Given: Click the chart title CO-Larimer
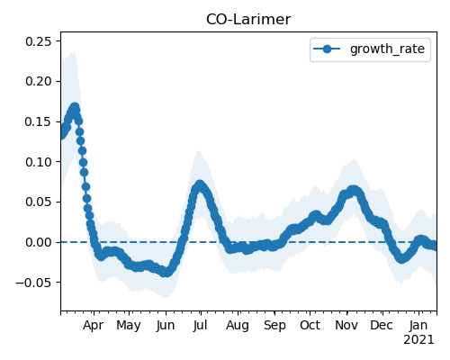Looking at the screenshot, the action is coord(248,20).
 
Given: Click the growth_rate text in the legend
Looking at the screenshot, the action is coord(387,49).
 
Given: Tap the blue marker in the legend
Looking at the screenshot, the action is coord(327,49).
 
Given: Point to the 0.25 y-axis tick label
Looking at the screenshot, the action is coord(39,41).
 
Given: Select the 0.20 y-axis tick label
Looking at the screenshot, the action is coord(39,81).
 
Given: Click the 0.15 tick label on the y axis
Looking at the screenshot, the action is coord(39,121).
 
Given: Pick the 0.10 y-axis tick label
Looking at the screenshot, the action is coord(39,162).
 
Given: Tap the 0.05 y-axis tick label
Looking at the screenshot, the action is coord(39,202).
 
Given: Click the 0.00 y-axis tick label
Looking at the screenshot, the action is coord(39,242).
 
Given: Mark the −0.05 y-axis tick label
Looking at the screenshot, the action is coord(34,283).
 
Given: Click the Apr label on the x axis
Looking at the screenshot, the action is coord(94,326).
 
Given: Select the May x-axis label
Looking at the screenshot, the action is coord(129,326).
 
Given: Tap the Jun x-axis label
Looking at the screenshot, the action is coord(166,326).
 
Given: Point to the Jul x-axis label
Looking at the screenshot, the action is coord(201,326).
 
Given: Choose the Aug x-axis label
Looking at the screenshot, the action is coord(238,326).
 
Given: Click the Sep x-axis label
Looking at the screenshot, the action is coord(274,326).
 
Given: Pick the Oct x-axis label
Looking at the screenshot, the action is coord(310,326).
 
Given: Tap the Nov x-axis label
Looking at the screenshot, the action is coord(346,326).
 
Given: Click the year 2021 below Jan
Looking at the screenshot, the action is coord(418,340).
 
